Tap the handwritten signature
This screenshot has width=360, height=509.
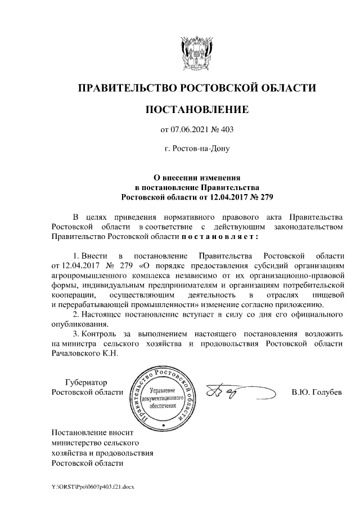[x=225, y=391]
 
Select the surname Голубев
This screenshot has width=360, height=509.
[x=325, y=392]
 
